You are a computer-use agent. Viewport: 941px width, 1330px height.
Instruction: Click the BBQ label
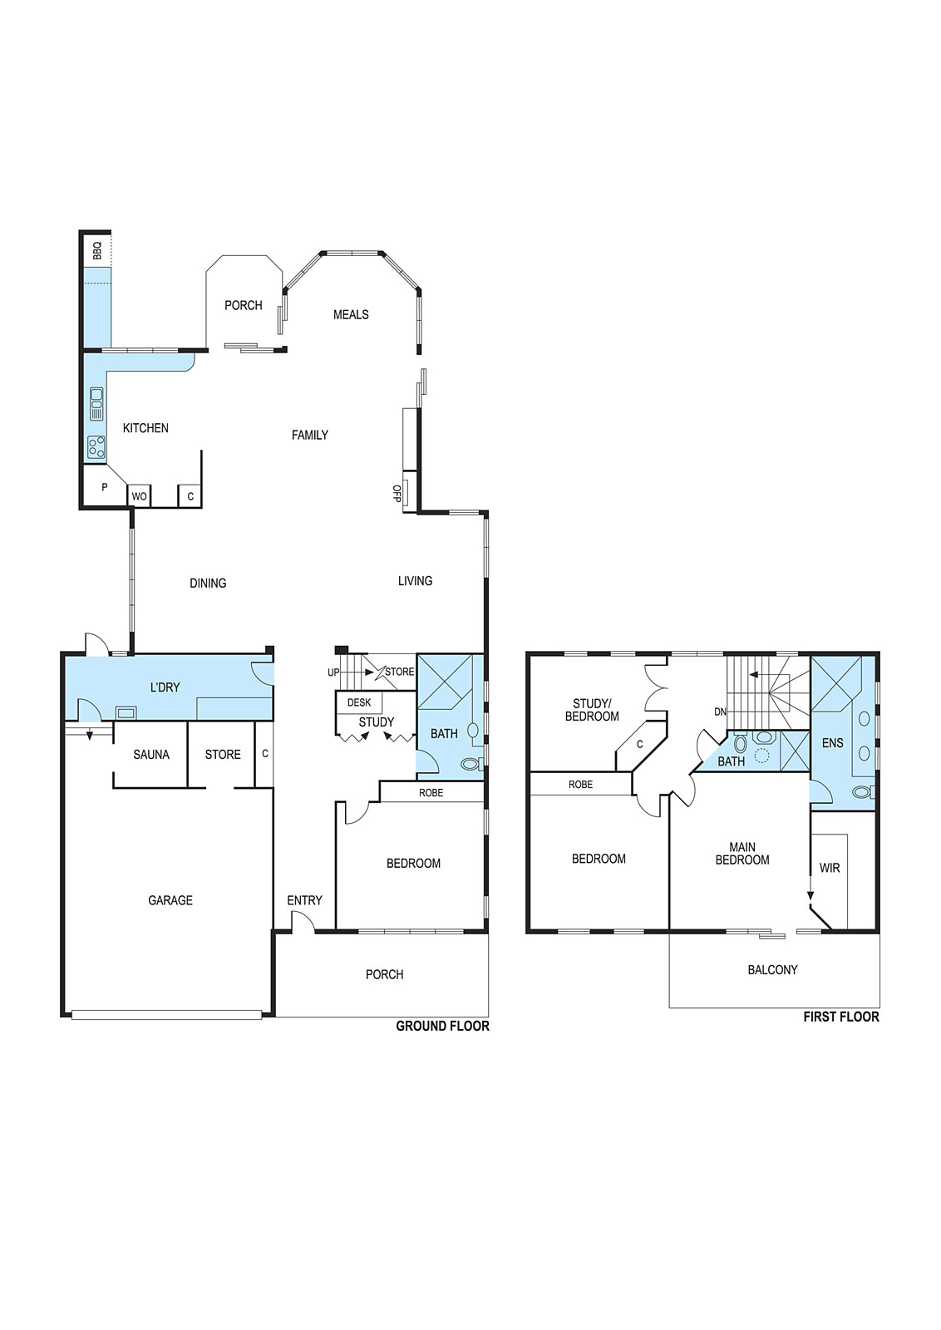pos(98,250)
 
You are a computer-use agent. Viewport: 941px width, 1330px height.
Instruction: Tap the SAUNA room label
pos(151,755)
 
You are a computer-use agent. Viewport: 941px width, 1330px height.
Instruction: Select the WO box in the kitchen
pos(139,496)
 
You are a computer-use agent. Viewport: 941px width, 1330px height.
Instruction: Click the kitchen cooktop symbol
pos(96,448)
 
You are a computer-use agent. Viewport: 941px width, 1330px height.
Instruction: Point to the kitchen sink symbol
pos(96,404)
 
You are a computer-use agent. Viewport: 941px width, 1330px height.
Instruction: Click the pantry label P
pos(105,487)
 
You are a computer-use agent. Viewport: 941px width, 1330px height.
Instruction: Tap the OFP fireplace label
pos(397,494)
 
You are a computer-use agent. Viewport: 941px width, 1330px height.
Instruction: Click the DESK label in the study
pos(359,702)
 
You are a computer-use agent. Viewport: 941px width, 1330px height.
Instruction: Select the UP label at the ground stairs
pos(333,672)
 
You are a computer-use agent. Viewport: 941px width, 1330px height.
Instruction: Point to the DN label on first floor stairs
pos(720,712)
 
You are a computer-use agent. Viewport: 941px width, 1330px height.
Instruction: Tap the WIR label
pos(830,868)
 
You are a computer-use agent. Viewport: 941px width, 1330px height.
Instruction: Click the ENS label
pos(832,743)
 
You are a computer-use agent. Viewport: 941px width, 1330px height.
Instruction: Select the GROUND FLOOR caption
pos(443,1026)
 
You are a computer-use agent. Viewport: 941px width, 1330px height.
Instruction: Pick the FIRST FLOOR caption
pos(841,1017)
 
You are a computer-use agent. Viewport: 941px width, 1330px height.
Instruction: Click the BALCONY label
pos(772,969)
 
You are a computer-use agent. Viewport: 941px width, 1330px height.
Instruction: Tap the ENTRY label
pos(304,900)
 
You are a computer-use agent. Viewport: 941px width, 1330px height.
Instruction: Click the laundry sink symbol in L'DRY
pos(126,712)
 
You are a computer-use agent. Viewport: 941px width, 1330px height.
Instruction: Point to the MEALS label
pos(351,315)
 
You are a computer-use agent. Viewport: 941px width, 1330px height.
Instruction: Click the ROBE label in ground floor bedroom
pos(431,793)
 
